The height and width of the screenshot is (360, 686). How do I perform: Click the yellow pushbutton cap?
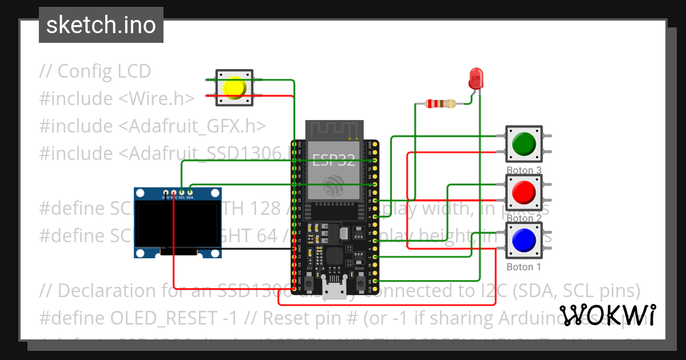point(234,87)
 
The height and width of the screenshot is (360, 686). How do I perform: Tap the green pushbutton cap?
point(524,144)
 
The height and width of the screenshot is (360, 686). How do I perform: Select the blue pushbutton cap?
point(524,241)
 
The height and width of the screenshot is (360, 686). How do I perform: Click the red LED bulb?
point(476,78)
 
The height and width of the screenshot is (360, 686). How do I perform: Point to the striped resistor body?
point(441,103)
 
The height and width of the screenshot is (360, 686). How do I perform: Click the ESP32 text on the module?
point(334,159)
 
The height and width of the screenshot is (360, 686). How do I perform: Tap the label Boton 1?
point(524,267)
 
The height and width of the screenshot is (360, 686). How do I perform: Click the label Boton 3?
point(524,170)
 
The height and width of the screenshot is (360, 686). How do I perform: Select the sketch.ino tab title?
point(101,25)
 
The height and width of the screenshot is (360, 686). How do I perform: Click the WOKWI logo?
point(608,315)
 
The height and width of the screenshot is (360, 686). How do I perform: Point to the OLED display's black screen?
point(177,223)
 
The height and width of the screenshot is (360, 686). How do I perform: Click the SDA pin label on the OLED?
point(190,197)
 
